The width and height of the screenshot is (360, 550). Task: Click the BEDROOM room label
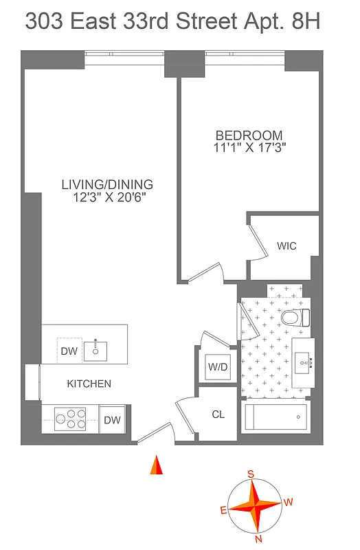(x=249, y=135)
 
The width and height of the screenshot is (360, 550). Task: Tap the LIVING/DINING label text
(x=107, y=184)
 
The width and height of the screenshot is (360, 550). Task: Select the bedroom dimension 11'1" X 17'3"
(x=249, y=146)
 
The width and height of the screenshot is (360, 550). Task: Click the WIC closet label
(x=286, y=245)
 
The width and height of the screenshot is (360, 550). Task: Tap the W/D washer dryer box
(x=218, y=367)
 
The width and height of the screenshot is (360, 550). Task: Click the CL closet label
(x=218, y=415)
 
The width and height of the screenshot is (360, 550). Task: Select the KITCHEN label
(x=89, y=384)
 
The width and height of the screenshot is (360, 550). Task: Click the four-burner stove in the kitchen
(x=70, y=419)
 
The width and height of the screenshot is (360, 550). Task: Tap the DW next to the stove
(x=113, y=419)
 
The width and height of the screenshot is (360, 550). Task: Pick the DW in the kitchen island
(x=69, y=351)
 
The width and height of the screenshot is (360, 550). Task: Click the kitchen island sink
(x=95, y=351)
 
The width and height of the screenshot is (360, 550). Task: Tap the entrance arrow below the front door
(x=157, y=466)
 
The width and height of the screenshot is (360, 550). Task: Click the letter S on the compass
(x=251, y=474)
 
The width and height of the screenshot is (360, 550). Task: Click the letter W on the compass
(x=288, y=502)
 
